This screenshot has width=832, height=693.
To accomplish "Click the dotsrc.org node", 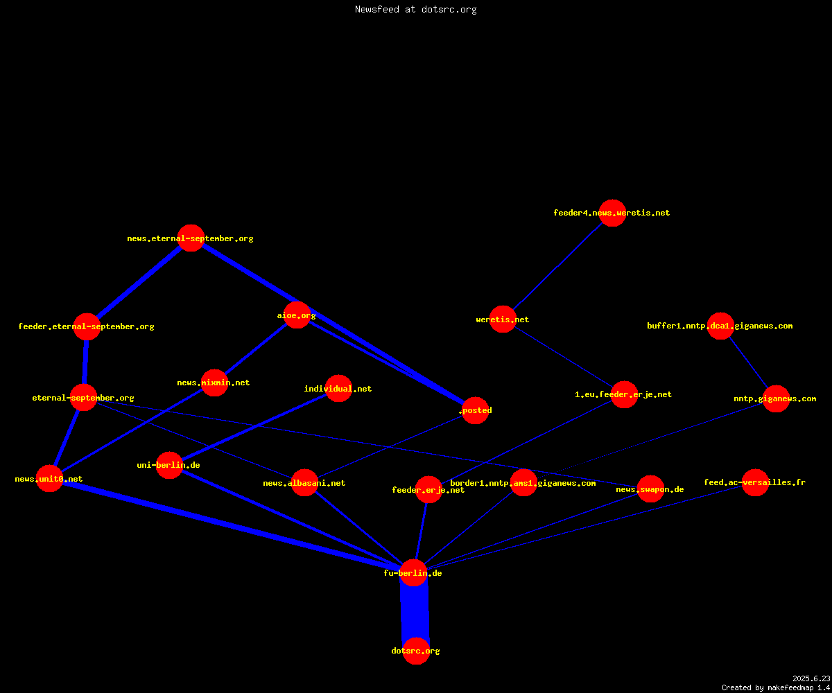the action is tap(416, 651).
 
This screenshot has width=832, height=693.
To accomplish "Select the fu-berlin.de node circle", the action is tap(414, 572).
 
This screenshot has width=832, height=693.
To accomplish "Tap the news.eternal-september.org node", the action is tap(191, 238).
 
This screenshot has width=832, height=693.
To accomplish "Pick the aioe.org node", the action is tap(297, 315).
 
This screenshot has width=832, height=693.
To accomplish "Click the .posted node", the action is tap(475, 411).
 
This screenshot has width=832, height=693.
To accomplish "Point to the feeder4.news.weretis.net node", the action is tap(612, 213).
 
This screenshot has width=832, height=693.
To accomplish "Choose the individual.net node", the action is tap(339, 388).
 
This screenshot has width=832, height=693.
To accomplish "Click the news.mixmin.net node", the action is tap(215, 383).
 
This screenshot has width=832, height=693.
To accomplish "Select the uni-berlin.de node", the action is tap(169, 465).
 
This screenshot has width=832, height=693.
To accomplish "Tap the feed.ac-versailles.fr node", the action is tap(755, 483).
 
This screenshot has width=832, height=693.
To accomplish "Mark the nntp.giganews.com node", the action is tap(777, 398).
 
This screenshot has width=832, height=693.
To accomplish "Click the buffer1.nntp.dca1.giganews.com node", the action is tap(720, 326).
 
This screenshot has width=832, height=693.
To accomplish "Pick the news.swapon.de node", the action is tap(651, 489).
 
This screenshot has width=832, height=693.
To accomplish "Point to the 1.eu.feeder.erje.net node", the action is tap(624, 395).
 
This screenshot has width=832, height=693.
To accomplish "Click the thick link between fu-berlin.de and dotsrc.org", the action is tap(415, 612).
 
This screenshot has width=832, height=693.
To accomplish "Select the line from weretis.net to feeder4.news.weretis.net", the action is tap(558, 266).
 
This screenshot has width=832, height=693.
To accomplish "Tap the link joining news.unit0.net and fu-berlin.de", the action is tap(232, 526).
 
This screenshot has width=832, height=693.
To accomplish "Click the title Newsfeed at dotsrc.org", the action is tap(415, 10).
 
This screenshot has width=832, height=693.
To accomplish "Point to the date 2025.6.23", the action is tap(811, 678).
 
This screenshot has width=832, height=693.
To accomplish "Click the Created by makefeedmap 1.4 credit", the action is tap(776, 687).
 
